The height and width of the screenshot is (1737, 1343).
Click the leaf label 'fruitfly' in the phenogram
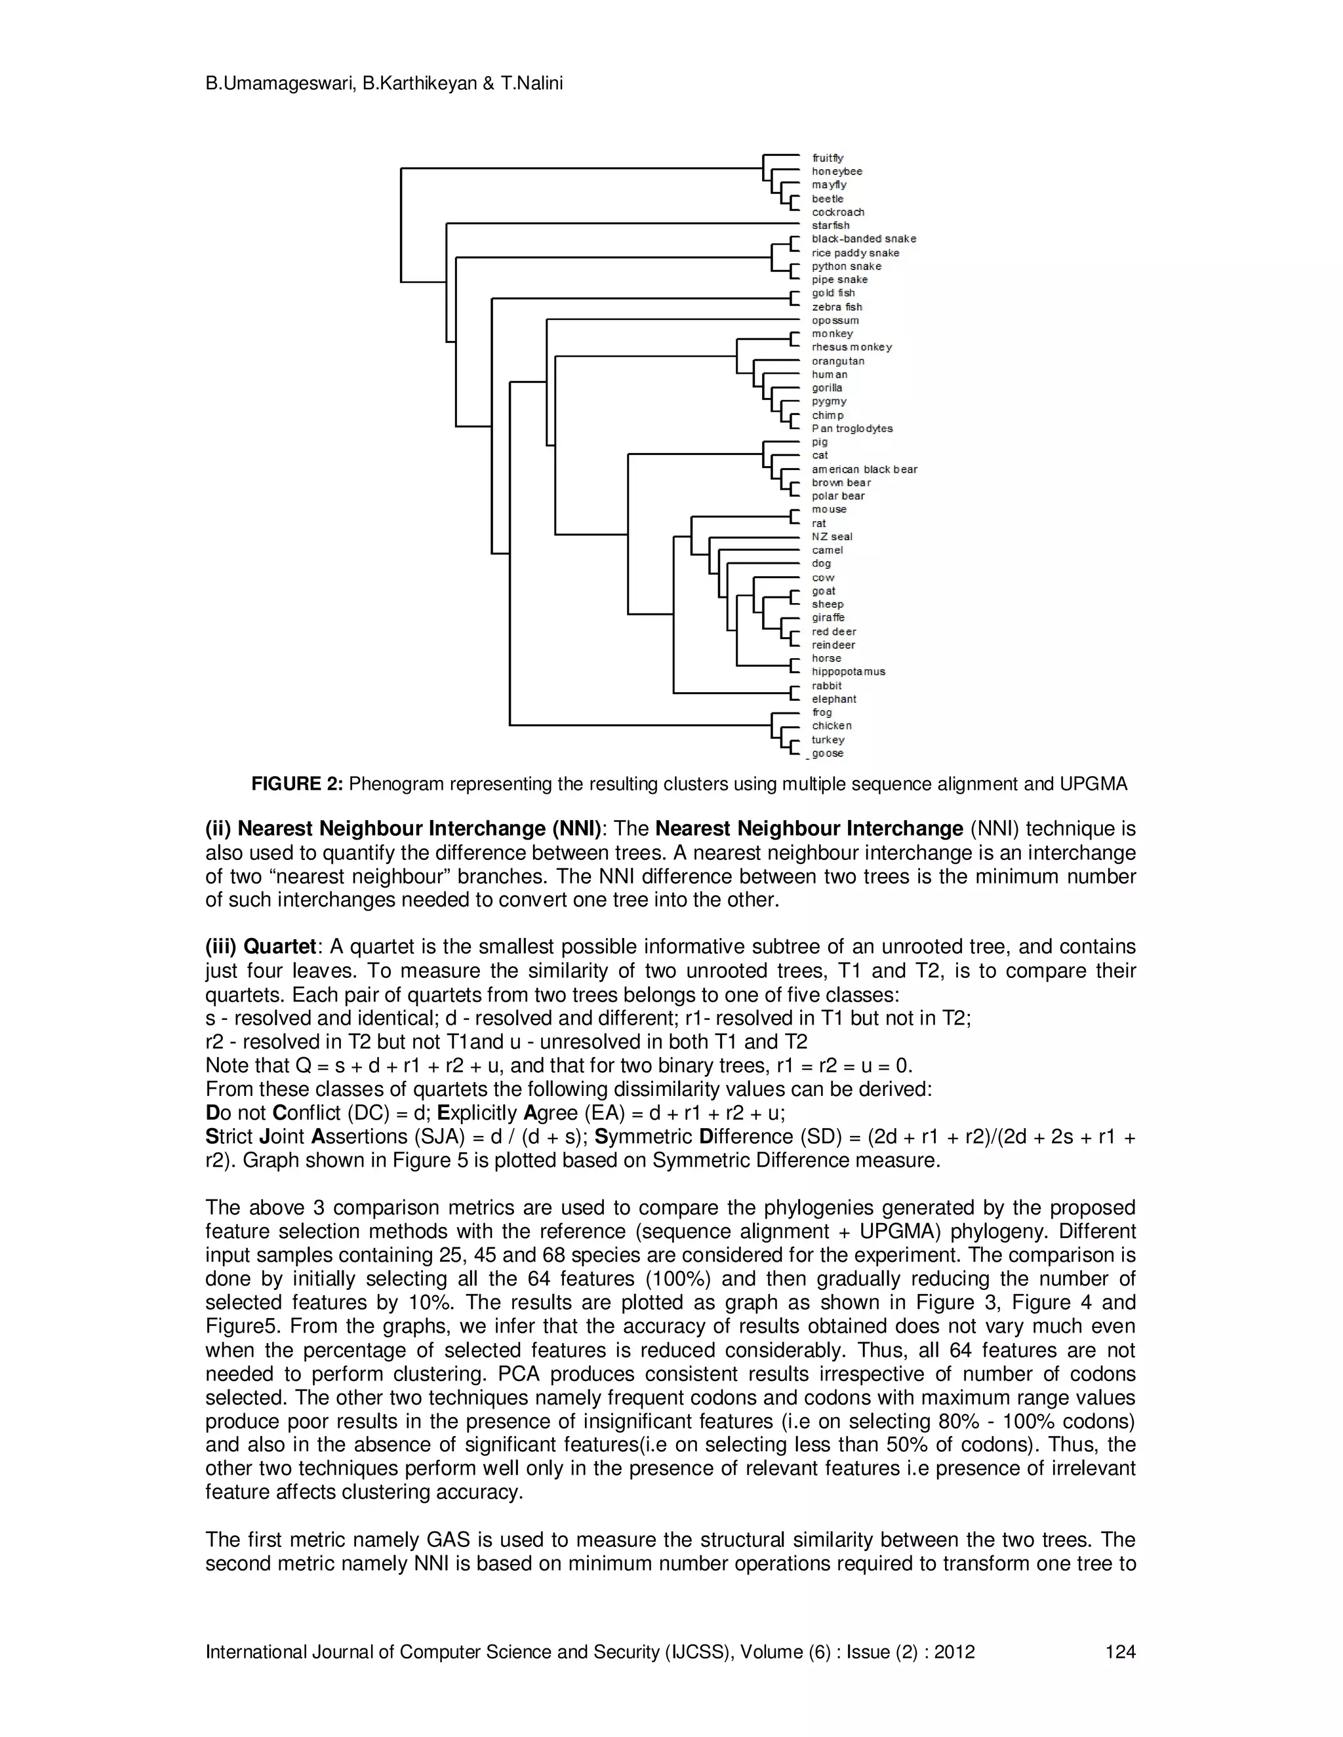tap(828, 158)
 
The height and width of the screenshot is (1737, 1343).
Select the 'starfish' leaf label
tap(831, 225)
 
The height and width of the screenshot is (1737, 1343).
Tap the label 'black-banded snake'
tap(863, 239)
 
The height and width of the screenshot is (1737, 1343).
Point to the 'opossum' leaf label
tap(835, 321)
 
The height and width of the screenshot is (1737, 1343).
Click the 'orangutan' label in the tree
tap(838, 361)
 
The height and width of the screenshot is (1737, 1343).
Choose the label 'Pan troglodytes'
tap(852, 429)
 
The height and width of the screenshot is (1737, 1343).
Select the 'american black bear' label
tap(864, 469)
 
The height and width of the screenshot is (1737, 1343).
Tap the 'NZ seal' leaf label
tap(832, 537)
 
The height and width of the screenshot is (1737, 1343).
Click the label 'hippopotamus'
tap(848, 672)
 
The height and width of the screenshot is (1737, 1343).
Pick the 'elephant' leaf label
tap(834, 699)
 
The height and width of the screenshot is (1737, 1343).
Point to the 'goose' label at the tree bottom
tap(828, 753)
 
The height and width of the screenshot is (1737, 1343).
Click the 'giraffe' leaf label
tap(828, 618)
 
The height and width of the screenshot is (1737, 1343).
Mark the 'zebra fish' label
tap(836, 307)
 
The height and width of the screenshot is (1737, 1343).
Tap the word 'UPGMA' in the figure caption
tap(1093, 784)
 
